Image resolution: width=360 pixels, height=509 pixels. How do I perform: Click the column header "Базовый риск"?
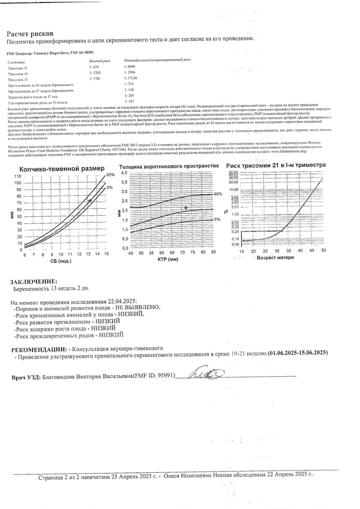[x=99, y=61]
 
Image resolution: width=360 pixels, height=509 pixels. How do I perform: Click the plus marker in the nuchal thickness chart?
[x=186, y=208]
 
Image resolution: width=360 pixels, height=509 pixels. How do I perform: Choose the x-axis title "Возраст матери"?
[x=275, y=258]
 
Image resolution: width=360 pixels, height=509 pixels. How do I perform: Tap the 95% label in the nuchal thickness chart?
[x=218, y=194]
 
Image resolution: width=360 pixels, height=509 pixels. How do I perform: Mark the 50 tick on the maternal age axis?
[x=323, y=251]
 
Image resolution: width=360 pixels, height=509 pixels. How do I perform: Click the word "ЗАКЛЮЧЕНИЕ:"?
[x=34, y=281]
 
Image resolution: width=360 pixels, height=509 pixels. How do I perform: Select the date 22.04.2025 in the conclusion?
[x=121, y=301]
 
